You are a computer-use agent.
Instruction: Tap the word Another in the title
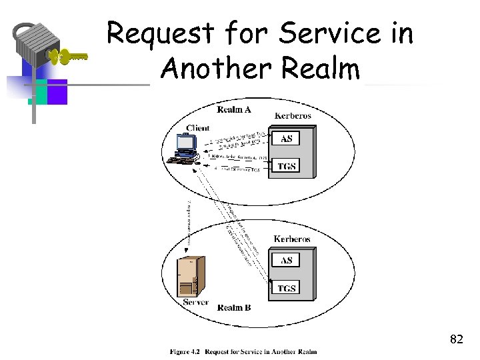pyautogui.click(x=213, y=68)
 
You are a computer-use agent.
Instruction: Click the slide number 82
pyautogui.click(x=456, y=339)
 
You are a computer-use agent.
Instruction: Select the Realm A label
pyautogui.click(x=234, y=109)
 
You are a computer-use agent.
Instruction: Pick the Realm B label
pyautogui.click(x=234, y=307)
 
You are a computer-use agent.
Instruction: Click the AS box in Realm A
pyautogui.click(x=286, y=139)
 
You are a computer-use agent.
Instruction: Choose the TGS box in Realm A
pyautogui.click(x=286, y=166)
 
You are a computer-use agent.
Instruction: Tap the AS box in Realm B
pyautogui.click(x=286, y=260)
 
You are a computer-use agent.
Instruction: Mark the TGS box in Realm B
pyautogui.click(x=286, y=288)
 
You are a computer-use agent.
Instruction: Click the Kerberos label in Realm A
pyautogui.click(x=293, y=116)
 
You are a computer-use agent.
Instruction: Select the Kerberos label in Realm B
pyautogui.click(x=292, y=239)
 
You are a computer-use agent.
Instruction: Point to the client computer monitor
pyautogui.click(x=185, y=143)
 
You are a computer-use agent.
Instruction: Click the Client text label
pyautogui.click(x=198, y=128)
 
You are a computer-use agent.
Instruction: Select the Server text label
pyautogui.click(x=196, y=302)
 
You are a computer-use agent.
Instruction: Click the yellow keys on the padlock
pyautogui.click(x=70, y=57)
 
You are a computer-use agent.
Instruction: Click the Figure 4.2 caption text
pyautogui.click(x=243, y=351)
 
